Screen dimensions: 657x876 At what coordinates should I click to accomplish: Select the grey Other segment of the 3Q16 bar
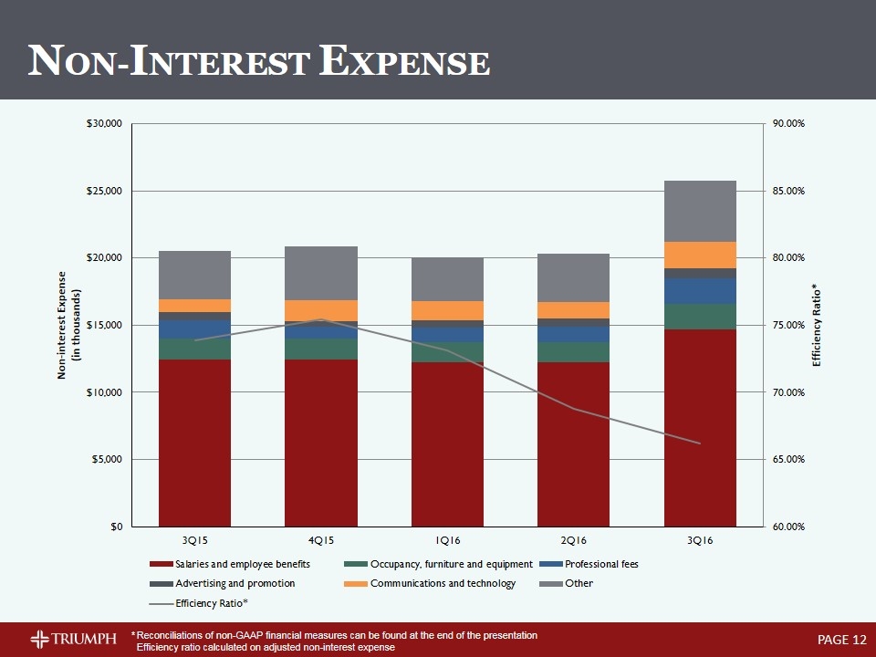tap(700, 211)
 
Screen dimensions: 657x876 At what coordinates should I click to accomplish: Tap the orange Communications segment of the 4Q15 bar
tap(320, 310)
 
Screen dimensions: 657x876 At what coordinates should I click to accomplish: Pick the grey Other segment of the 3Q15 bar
tap(194, 275)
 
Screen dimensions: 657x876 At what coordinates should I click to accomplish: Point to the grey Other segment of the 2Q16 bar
tap(573, 277)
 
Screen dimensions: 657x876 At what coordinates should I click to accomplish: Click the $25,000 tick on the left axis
tap(106, 191)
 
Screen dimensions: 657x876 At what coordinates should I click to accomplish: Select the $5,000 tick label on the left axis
tap(109, 459)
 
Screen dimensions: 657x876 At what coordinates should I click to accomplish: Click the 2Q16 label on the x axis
tap(573, 542)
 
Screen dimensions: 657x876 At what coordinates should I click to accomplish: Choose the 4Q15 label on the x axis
tap(320, 542)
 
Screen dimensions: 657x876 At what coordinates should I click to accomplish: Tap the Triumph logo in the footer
tap(74, 638)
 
